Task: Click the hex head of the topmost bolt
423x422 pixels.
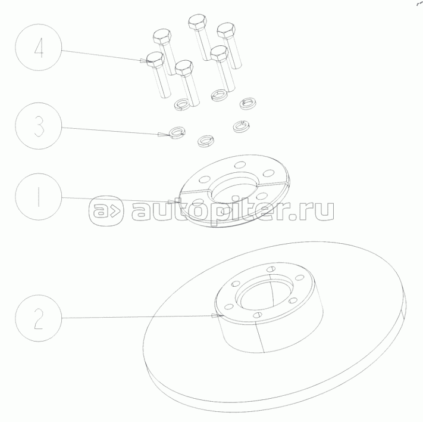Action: pos(198,22)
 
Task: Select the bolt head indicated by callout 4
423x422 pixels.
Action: pos(155,60)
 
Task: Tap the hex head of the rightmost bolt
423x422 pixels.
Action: pos(226,30)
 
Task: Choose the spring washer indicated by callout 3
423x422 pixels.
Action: pos(177,132)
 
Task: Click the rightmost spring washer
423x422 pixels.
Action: pos(248,103)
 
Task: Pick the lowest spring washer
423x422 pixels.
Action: pos(206,141)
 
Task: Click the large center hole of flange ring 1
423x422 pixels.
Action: pos(234,187)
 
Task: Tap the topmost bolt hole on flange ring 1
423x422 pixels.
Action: pos(240,165)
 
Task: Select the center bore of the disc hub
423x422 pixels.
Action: pos(264,294)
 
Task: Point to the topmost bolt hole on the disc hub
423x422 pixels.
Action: pos(271,269)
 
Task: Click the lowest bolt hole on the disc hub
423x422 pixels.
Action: pos(258,315)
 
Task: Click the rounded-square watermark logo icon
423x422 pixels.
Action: pos(106,210)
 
